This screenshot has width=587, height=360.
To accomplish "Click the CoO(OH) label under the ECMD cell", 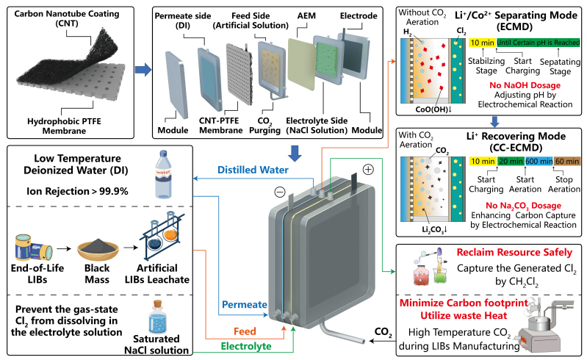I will tap(431, 111).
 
